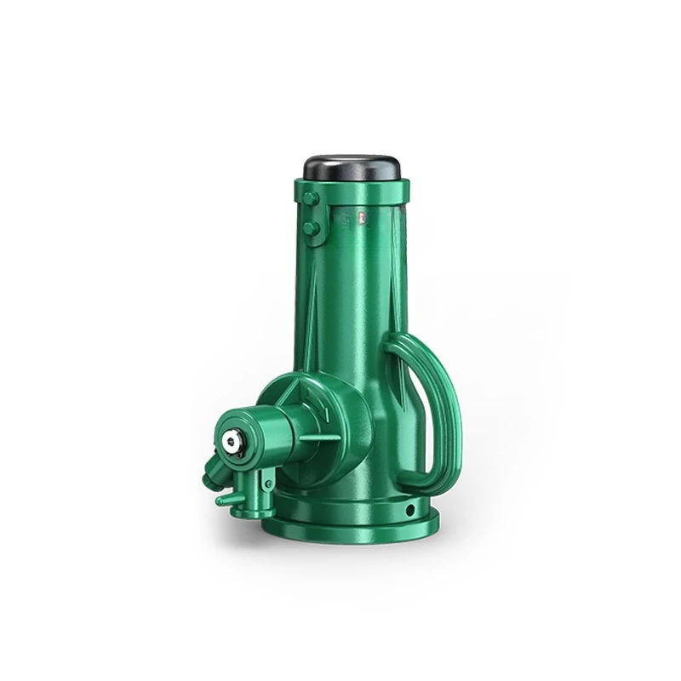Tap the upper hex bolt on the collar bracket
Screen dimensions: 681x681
click(x=311, y=198)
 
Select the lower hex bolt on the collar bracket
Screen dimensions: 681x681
click(x=311, y=227)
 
